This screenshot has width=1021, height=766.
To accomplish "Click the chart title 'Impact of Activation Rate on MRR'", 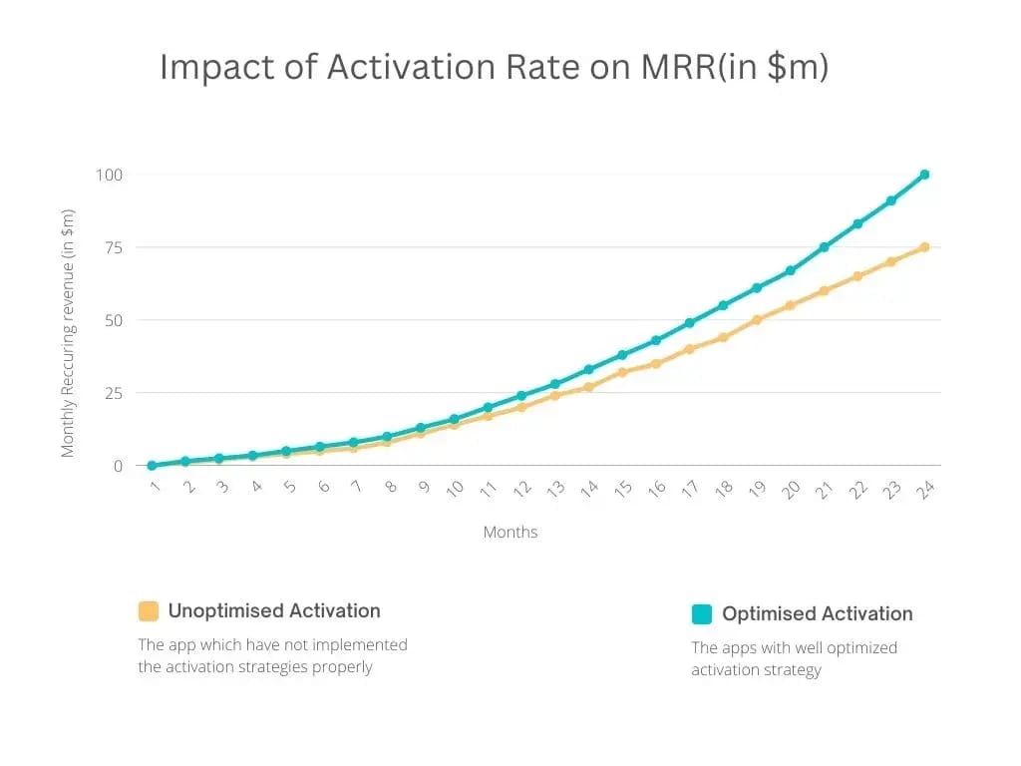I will (x=494, y=68).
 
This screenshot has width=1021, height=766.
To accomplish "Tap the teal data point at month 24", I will (x=924, y=175).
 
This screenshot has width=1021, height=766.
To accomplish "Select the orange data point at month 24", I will (x=924, y=247).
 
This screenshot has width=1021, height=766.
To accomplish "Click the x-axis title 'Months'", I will (x=510, y=532).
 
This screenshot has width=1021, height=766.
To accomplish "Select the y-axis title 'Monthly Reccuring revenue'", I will (x=68, y=333).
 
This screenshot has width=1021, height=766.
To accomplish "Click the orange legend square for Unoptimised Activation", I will (x=149, y=611).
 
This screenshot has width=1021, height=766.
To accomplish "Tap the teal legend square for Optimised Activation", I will (x=702, y=614).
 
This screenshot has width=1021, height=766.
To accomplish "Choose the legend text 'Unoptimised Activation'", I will (x=274, y=611).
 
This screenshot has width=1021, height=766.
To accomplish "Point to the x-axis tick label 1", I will (x=154, y=487).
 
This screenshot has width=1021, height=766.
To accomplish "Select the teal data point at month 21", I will (x=824, y=247).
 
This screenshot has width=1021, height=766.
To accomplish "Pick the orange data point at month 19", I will (x=757, y=320).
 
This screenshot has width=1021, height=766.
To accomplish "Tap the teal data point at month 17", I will (x=689, y=323).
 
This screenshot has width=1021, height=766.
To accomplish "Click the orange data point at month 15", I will (x=622, y=372).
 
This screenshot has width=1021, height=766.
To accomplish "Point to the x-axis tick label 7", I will (x=356, y=487).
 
